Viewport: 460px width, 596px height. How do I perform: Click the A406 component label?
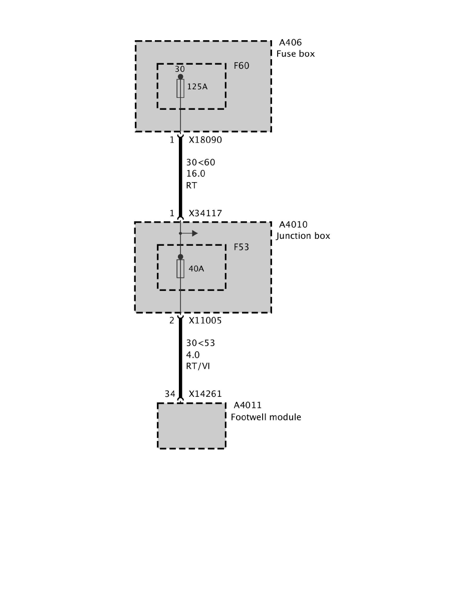tap(290, 43)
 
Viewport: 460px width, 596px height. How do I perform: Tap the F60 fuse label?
tap(241, 66)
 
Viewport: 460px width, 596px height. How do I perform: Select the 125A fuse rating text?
tap(197, 86)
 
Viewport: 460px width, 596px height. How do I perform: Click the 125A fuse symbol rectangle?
tap(180, 88)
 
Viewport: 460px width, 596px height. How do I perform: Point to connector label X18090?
tap(205, 140)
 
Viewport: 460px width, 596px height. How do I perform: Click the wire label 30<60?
tap(200, 163)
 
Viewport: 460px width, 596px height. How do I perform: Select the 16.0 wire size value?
tap(195, 174)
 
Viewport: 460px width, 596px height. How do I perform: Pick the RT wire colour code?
tap(191, 185)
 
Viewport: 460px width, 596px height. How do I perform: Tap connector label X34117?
tap(205, 214)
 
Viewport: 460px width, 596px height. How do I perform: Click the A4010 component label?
tap(293, 225)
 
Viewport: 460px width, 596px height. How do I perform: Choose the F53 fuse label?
tap(241, 247)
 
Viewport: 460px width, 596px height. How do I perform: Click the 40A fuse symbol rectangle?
tap(180, 268)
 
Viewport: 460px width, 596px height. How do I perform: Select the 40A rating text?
tap(196, 268)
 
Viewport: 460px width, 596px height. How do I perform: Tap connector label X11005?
tap(205, 321)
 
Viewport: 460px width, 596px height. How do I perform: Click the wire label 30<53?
tap(200, 343)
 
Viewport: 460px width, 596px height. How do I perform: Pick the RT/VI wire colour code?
tap(197, 366)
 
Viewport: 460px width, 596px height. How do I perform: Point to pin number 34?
tap(170, 394)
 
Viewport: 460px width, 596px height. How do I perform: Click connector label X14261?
tap(205, 394)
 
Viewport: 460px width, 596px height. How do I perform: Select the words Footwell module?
tap(266, 417)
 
